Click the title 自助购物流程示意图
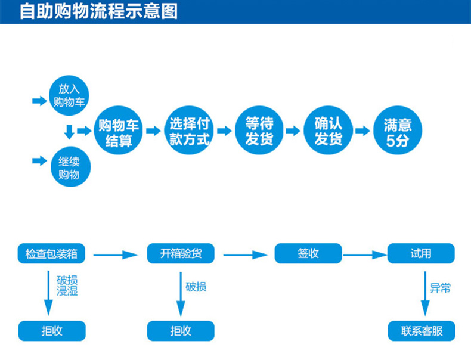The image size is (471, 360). (x=98, y=11)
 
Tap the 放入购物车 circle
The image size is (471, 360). (x=69, y=95)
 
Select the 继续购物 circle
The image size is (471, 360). (x=69, y=167)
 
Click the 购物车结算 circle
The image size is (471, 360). (x=119, y=132)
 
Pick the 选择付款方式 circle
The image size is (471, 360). (x=189, y=132)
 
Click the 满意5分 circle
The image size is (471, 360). (x=398, y=132)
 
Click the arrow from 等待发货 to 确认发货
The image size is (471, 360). (x=293, y=131)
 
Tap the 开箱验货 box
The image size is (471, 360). (x=181, y=253)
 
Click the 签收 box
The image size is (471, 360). (x=308, y=253)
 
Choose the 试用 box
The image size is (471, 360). (x=421, y=253)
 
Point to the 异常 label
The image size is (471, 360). (x=441, y=288)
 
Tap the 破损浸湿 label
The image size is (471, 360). (x=67, y=285)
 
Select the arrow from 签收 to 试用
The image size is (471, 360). (x=365, y=255)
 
